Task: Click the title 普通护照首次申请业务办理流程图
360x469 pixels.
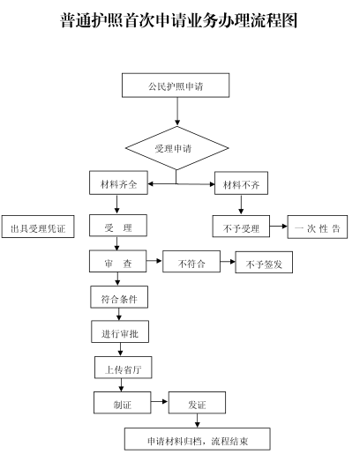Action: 178,20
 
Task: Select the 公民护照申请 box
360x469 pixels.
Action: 176,86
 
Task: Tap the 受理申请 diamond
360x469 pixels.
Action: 176,148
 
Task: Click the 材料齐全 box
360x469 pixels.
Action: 118,182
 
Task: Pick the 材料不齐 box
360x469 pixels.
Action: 241,183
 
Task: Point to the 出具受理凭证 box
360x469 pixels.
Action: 38,227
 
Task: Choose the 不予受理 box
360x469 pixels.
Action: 241,226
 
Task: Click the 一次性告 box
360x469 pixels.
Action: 318,227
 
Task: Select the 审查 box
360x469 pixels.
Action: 118,261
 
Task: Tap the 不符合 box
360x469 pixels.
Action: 191,262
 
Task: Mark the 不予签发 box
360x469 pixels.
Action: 264,263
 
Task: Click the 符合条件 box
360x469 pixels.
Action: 119,297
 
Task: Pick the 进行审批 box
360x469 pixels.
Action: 120,331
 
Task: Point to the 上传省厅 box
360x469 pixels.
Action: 124,368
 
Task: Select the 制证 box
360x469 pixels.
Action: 123,403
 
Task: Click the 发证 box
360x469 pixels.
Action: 197,403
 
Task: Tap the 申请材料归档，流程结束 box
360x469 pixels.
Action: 198,439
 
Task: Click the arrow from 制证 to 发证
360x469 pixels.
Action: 160,401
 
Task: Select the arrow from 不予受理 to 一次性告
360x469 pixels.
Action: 279,226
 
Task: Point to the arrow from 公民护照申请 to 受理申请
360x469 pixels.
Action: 177,112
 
